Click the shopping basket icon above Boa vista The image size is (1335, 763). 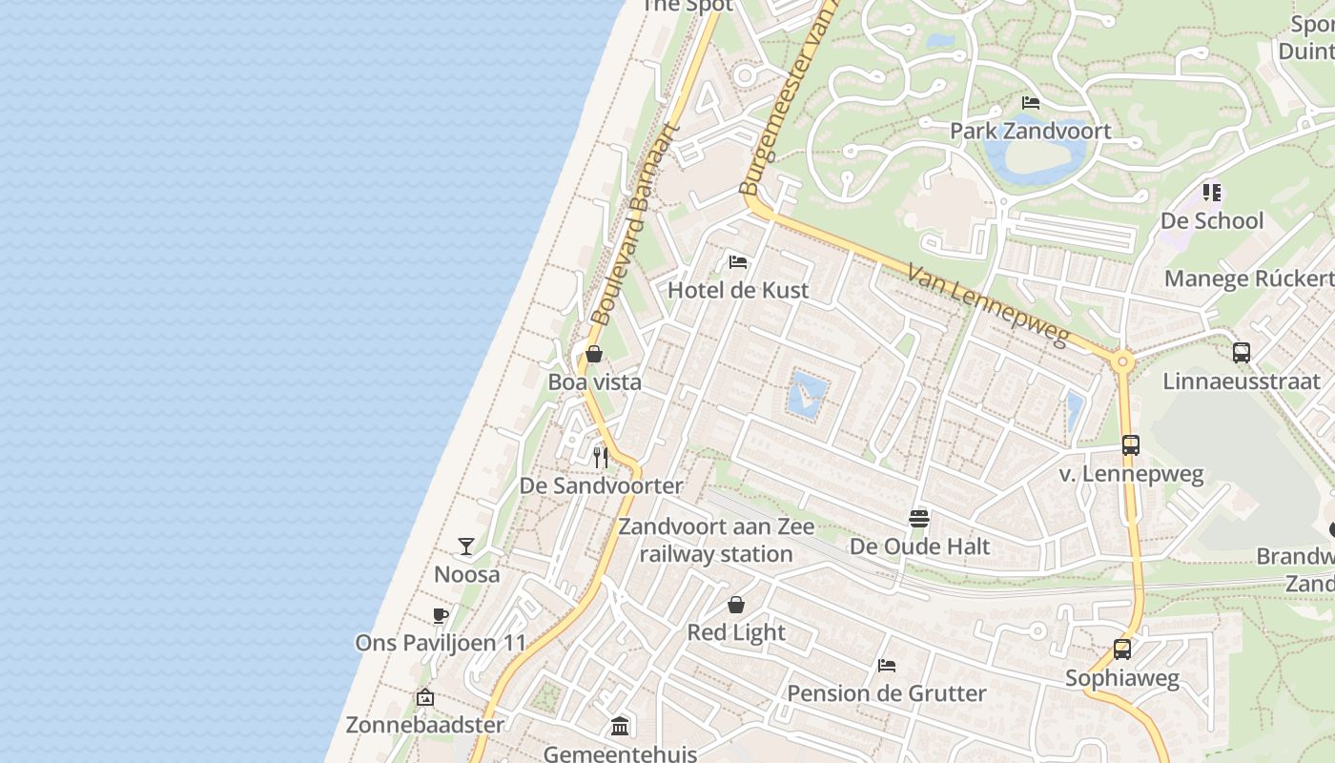coord(594,354)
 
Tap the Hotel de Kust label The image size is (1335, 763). coord(738,290)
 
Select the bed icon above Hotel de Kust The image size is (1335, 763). coord(737,261)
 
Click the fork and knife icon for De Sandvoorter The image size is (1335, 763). coord(601,457)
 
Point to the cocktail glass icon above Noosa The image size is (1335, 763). coord(466,546)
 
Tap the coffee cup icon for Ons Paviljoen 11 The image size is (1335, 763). coord(440,615)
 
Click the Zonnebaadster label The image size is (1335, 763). coord(424,725)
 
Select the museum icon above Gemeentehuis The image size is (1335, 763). coord(620,727)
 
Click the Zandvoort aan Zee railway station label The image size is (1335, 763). coord(716,540)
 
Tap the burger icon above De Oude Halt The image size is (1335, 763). coord(919,518)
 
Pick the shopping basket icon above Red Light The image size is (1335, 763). coord(736,604)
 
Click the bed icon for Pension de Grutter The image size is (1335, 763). coord(887,665)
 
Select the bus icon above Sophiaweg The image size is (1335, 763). coord(1122,650)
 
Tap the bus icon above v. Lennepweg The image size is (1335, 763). coord(1131,445)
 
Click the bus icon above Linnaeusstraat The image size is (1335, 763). coord(1242,353)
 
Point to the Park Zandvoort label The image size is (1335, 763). coord(1031,131)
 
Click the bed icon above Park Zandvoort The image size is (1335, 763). coord(1031,102)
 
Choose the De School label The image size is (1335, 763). coord(1212,221)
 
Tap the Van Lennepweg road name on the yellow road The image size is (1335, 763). coord(986,304)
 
